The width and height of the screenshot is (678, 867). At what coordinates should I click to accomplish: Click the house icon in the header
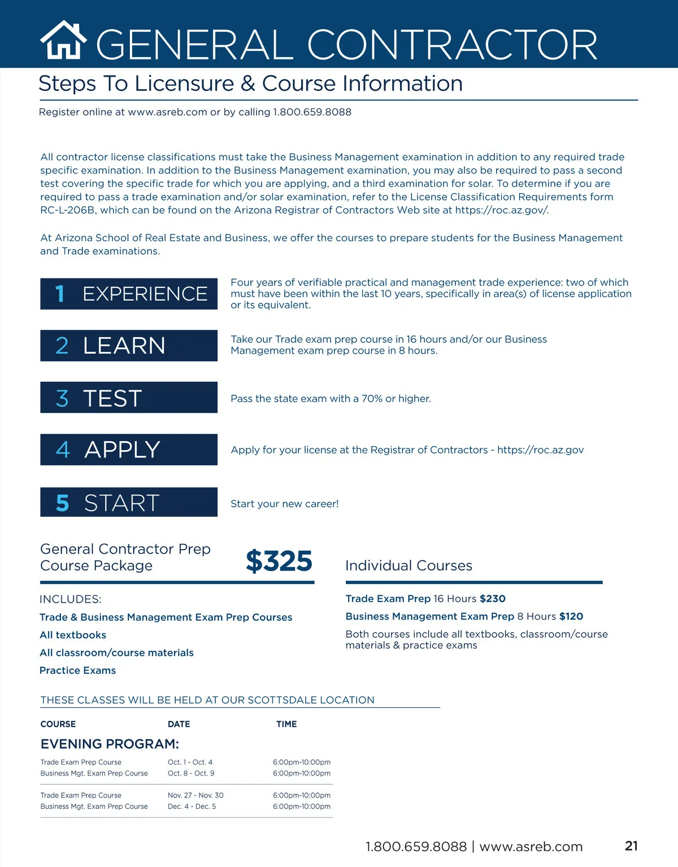point(63,41)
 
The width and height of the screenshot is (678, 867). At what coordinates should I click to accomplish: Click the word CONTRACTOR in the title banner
point(452,45)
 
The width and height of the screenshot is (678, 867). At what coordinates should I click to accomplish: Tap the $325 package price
point(279,561)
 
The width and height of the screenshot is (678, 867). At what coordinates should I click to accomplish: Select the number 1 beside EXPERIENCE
point(60,294)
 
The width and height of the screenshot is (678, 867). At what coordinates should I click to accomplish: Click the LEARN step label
point(124,346)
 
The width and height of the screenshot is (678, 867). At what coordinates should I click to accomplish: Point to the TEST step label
point(112,398)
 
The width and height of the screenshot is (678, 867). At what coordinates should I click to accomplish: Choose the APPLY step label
point(122,450)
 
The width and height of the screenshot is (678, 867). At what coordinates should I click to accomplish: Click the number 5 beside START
point(62,503)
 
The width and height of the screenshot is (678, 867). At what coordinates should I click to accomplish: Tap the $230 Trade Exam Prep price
point(492,599)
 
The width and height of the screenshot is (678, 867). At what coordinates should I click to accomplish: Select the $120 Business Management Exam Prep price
point(571,616)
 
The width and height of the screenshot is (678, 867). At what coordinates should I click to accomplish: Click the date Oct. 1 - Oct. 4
point(190,762)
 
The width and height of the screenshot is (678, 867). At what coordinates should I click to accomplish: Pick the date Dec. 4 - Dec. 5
point(192,807)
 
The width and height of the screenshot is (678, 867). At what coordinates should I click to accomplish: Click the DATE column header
point(179,724)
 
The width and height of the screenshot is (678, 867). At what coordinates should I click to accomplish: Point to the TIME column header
point(286,724)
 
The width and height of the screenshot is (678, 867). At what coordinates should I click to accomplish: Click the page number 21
point(631,846)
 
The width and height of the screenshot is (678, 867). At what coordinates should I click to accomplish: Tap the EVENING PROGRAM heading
point(110,744)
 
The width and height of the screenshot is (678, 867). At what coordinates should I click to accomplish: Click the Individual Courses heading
point(408,565)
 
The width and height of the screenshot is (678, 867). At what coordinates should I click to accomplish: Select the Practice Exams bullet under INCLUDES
point(77,670)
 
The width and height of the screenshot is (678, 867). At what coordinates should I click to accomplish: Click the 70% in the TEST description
point(372,399)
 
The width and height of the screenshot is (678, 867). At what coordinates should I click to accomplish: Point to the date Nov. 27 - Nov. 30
point(195,795)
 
